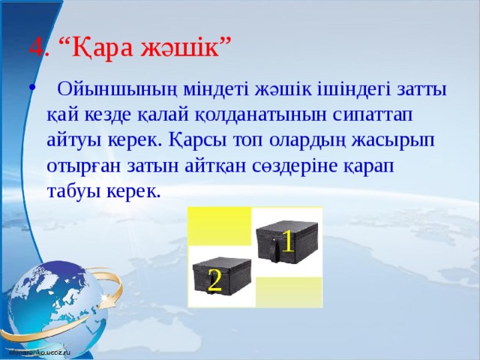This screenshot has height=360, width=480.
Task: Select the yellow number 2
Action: coord(214,280)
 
